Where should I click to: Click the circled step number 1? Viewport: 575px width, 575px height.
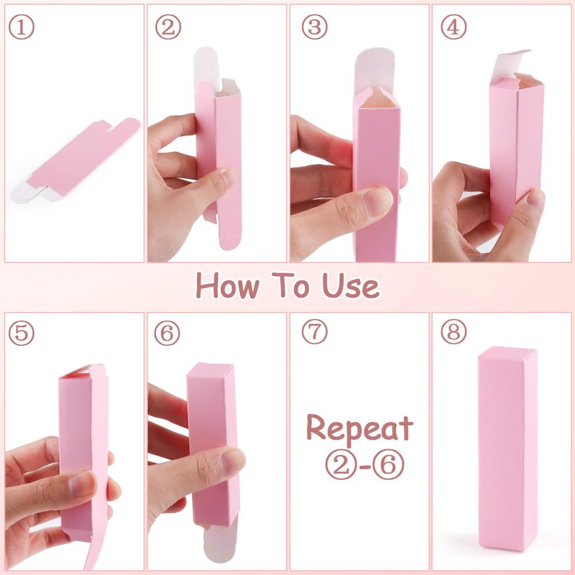[x=22, y=27]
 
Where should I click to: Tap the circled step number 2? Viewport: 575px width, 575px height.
[x=168, y=27]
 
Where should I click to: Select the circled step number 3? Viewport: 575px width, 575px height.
[x=314, y=27]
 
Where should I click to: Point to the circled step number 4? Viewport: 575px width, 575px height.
[x=454, y=27]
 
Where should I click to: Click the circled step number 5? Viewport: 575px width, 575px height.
[x=22, y=333]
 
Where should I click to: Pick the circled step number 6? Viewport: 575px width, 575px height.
[x=167, y=333]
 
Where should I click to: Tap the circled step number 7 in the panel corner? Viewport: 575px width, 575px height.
[x=314, y=331]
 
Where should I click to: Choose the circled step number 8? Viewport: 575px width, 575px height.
[x=454, y=331]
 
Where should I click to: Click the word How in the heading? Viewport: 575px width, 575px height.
[x=227, y=285]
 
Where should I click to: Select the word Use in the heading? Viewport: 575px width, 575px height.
[x=351, y=285]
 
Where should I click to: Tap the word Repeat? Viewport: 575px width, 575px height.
[x=360, y=428]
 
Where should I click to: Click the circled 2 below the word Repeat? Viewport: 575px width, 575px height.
[x=341, y=464]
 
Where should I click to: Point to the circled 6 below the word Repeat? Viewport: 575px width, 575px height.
[x=389, y=464]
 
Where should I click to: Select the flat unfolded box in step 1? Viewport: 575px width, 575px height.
[x=75, y=160]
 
